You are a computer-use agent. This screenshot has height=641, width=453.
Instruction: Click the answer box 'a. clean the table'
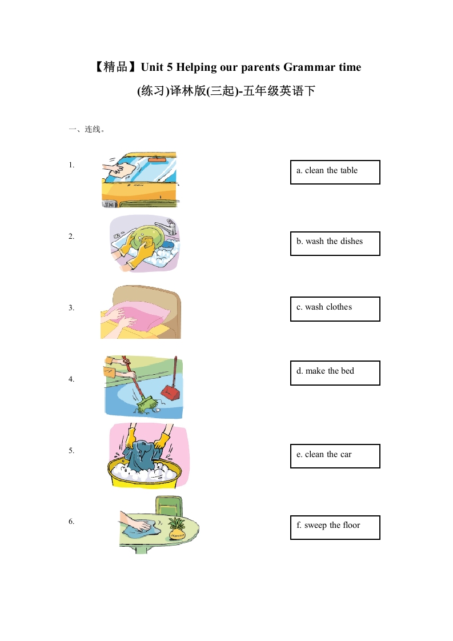335,172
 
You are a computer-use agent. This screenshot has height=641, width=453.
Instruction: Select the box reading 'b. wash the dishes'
335,243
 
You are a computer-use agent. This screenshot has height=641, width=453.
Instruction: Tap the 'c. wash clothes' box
335,309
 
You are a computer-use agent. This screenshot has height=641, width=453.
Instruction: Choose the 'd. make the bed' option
335,372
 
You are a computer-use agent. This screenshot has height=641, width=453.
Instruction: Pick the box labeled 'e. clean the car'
335,456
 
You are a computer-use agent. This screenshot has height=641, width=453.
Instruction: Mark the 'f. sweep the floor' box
335,527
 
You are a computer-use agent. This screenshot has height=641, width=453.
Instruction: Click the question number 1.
71,165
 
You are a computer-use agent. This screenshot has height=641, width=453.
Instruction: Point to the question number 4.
71,379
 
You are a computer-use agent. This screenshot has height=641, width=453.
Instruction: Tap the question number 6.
71,521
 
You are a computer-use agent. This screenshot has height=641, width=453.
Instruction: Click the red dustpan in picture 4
170,391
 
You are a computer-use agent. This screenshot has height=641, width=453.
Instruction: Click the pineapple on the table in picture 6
177,528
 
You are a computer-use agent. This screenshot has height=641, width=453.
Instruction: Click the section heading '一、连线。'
86,129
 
